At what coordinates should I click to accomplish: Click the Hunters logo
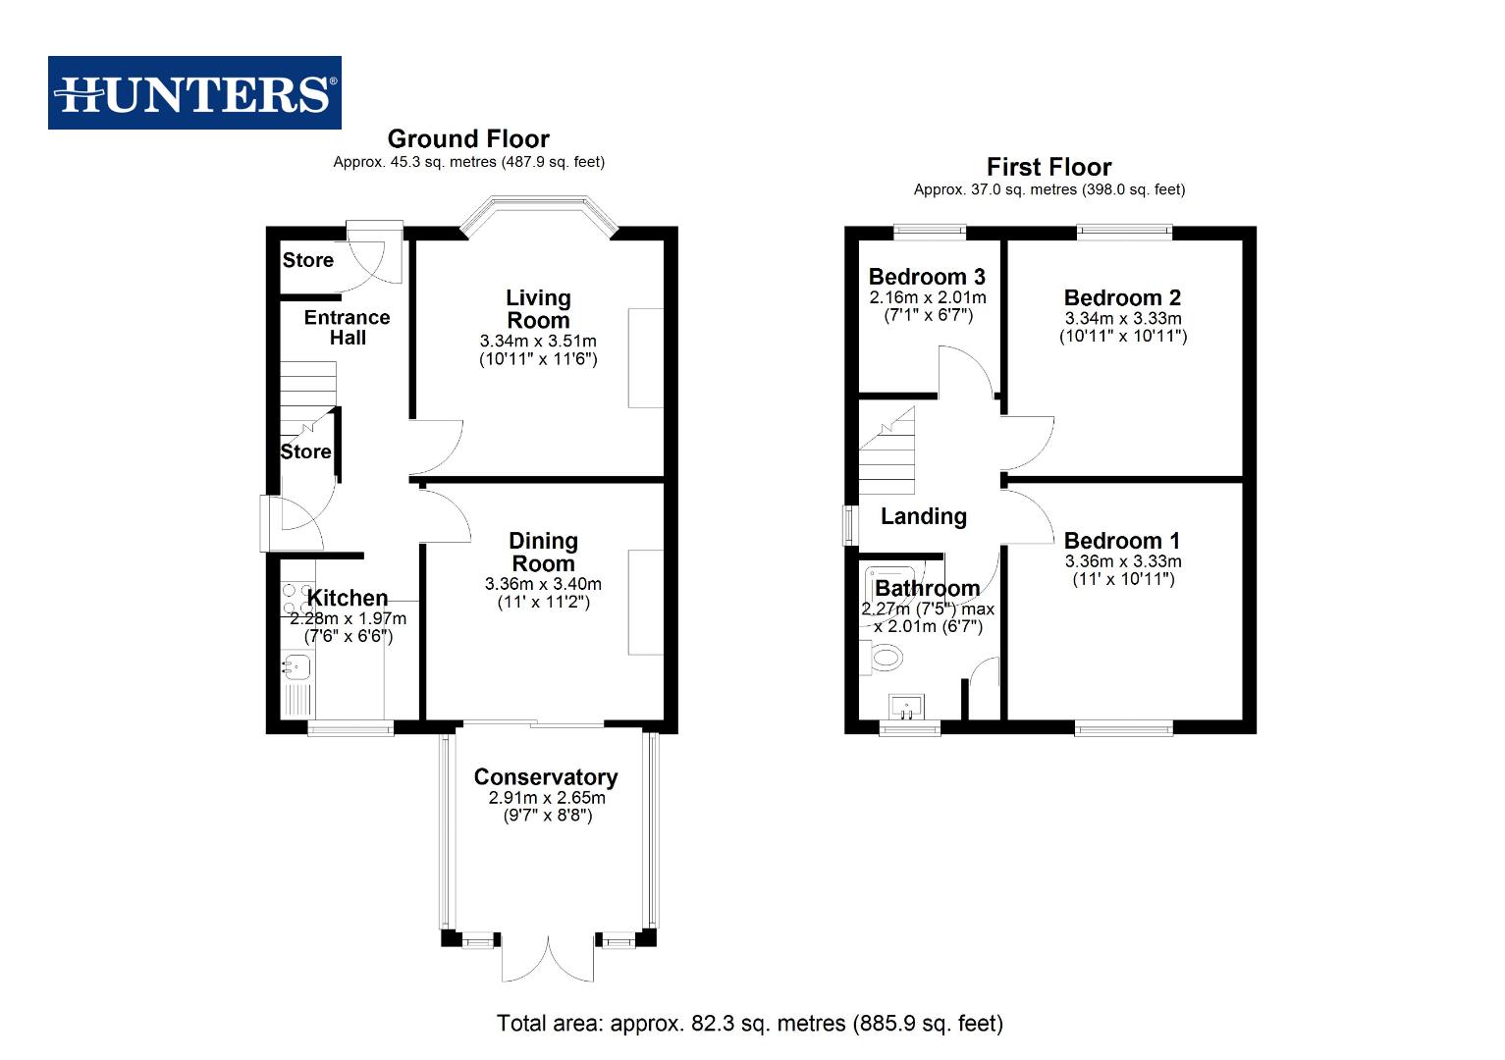[x=194, y=93]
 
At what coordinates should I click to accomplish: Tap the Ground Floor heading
[x=468, y=139]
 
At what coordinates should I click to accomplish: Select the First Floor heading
[x=1048, y=167]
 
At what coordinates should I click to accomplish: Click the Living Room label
[x=538, y=309]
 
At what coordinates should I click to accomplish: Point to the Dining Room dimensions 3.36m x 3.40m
[x=543, y=584]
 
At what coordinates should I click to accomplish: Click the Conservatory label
[x=546, y=777]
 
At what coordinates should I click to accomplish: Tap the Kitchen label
[x=348, y=598]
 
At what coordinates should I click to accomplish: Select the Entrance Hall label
[x=347, y=328]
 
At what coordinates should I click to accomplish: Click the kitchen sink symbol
[x=296, y=667]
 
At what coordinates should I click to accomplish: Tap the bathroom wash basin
[x=906, y=706]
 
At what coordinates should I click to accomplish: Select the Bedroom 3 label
[x=927, y=277]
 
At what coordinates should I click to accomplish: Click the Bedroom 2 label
[x=1122, y=297]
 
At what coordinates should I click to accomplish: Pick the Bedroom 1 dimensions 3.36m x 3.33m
[x=1123, y=561]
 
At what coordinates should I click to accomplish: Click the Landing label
[x=923, y=516]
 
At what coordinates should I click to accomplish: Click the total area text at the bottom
[x=750, y=1024]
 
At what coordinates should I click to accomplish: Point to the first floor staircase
[x=887, y=453]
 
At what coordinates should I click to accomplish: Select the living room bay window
[x=538, y=210]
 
